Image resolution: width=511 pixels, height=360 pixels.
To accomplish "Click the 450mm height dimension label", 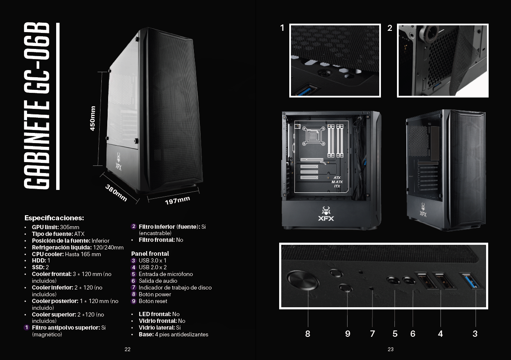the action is coord(92,118).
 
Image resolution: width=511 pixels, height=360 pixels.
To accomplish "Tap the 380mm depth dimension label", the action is coord(116,193).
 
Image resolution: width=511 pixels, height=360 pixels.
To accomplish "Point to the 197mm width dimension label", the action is coord(177,200).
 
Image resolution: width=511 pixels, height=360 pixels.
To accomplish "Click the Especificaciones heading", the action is coord(54,218).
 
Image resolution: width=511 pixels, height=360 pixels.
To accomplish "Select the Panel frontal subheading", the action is coord(150,254).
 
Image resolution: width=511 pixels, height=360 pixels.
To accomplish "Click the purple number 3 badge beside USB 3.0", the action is coord(134,260).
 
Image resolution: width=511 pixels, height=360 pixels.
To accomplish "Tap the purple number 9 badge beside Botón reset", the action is coord(134,301).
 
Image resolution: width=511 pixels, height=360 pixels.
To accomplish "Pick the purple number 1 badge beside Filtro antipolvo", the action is coord(27,328).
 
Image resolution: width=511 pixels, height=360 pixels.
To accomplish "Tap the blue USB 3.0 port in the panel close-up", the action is coord(472,281).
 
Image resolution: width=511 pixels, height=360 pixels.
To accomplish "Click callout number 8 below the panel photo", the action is coord(307,334).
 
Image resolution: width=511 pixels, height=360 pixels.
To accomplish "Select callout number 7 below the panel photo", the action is coord(372,334).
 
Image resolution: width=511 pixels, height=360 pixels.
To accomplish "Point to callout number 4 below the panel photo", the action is coord(440,334).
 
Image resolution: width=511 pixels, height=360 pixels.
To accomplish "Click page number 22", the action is coord(128,349).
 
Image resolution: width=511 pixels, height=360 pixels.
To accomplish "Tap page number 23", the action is coord(391,349).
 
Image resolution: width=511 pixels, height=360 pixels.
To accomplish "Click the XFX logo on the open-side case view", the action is coord(326,214).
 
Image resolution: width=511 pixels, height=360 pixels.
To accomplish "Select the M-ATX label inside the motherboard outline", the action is coord(337,182).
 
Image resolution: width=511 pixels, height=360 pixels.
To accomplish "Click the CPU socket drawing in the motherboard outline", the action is coord(313,136).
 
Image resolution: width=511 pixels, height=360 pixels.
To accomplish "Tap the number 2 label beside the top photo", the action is coord(390,28).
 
